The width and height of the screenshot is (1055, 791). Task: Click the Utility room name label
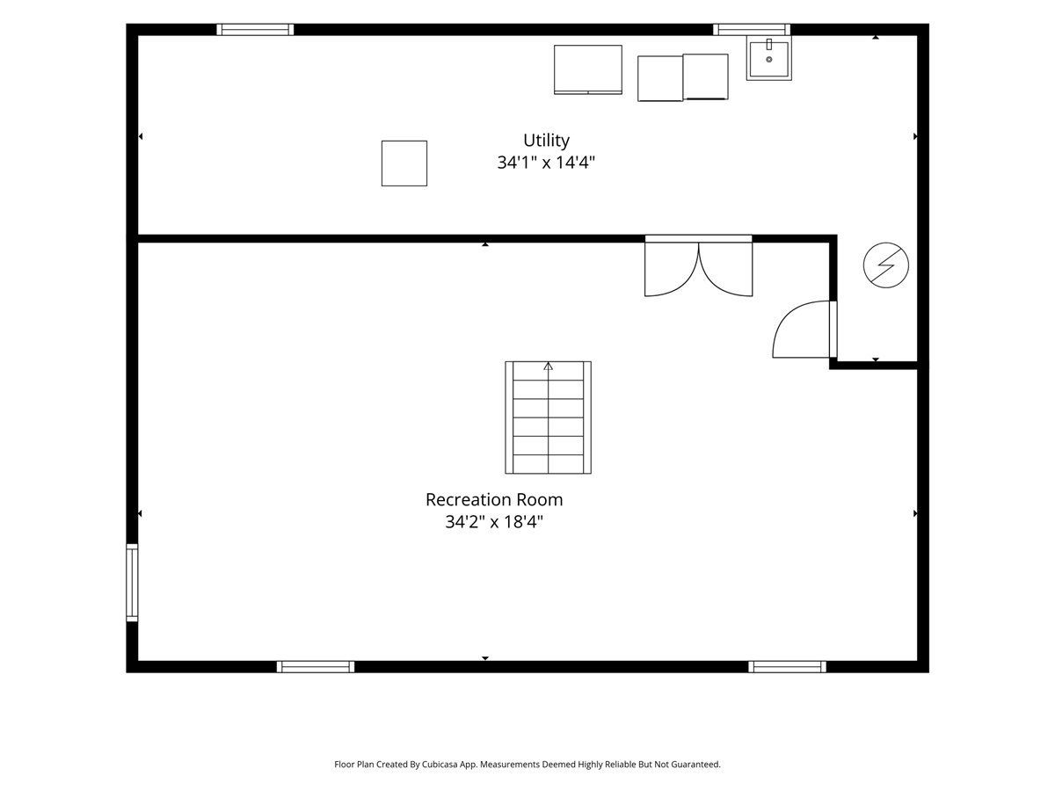tap(546, 141)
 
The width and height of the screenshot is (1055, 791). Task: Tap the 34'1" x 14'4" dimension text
tap(546, 163)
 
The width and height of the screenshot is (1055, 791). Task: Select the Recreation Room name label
tap(494, 499)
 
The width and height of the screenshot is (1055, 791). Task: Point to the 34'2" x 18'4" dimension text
tap(494, 521)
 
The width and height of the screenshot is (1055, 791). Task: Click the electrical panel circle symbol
tap(886, 265)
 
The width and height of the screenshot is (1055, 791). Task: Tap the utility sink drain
tap(769, 60)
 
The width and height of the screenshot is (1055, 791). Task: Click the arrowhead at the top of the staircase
tap(548, 366)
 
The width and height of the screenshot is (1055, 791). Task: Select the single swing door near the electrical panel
tap(804, 330)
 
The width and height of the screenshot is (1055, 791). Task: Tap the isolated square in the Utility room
tap(404, 163)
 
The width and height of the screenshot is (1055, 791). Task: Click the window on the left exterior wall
tap(132, 583)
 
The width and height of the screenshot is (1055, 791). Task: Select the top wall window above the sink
tap(752, 30)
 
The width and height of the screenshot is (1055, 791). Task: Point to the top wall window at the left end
tap(255, 30)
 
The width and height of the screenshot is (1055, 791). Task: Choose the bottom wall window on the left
tap(316, 666)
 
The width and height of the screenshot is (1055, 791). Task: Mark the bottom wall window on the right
tap(787, 666)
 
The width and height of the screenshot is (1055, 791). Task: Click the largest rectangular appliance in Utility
tap(588, 69)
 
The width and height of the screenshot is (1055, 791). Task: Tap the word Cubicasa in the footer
tap(440, 764)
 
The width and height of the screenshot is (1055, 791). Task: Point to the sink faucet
tap(769, 44)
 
